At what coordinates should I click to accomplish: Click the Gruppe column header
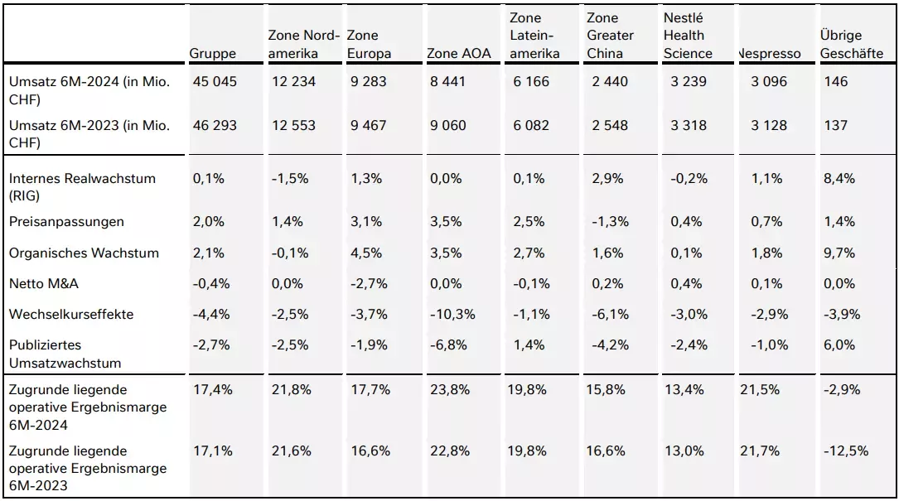click(x=213, y=54)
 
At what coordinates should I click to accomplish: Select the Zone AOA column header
click(x=459, y=53)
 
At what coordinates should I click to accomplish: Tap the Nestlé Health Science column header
click(x=688, y=36)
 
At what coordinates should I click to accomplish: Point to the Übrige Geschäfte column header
click(x=852, y=44)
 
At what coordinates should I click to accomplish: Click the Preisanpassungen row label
click(x=66, y=222)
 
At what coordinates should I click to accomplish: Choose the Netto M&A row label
click(x=44, y=284)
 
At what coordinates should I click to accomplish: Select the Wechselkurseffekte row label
click(x=71, y=314)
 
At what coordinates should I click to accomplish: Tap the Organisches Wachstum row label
click(x=84, y=253)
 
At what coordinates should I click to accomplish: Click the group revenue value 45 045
click(x=215, y=81)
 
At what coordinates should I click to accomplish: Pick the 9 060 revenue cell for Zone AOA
click(x=447, y=125)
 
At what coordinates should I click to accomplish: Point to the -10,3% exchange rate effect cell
click(x=452, y=314)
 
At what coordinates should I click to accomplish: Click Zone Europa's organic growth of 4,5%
click(x=366, y=253)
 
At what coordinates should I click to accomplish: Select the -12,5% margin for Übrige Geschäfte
click(x=846, y=450)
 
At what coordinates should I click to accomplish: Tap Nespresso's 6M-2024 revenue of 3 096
click(x=769, y=81)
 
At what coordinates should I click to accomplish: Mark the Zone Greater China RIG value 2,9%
click(x=607, y=178)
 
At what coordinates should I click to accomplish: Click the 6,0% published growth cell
click(x=839, y=345)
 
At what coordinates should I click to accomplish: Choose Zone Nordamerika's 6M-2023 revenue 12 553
click(x=293, y=125)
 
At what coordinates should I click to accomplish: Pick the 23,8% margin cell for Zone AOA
click(x=449, y=390)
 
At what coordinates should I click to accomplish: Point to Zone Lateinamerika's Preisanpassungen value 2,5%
click(x=529, y=222)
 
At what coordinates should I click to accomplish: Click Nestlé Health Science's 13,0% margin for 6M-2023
click(x=684, y=450)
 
